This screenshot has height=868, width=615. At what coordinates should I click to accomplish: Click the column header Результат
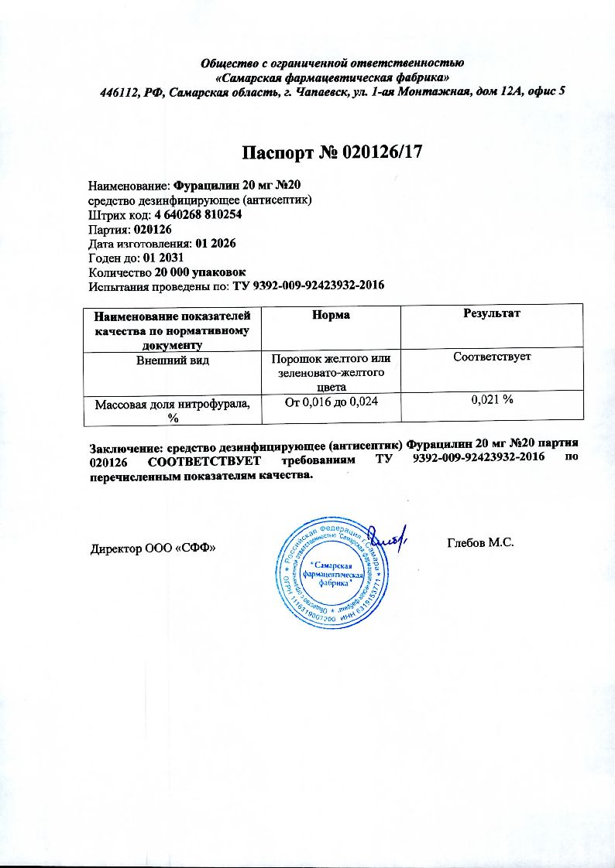point(490,314)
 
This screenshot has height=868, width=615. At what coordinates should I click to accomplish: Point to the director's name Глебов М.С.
point(481,542)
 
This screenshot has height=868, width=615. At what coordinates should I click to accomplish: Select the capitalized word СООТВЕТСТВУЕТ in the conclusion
point(194,460)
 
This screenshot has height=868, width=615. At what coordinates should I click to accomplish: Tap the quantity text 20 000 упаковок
point(201,272)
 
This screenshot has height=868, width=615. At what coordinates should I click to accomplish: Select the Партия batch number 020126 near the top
point(153,229)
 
